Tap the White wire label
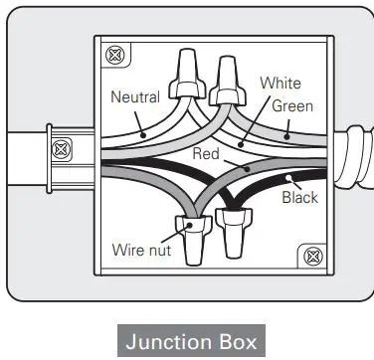280,84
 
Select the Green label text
291,105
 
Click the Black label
299,198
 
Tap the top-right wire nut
228,76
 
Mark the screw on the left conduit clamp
61,151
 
